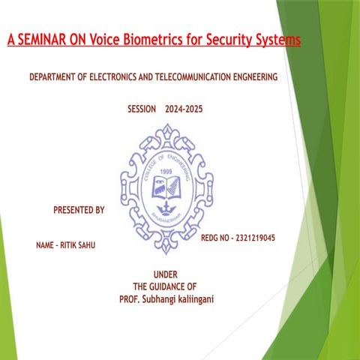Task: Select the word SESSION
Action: pyautogui.click(x=142, y=109)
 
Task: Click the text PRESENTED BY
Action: pyautogui.click(x=79, y=210)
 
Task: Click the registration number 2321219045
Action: pyautogui.click(x=255, y=238)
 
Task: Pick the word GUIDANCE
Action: pyautogui.click(x=166, y=286)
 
